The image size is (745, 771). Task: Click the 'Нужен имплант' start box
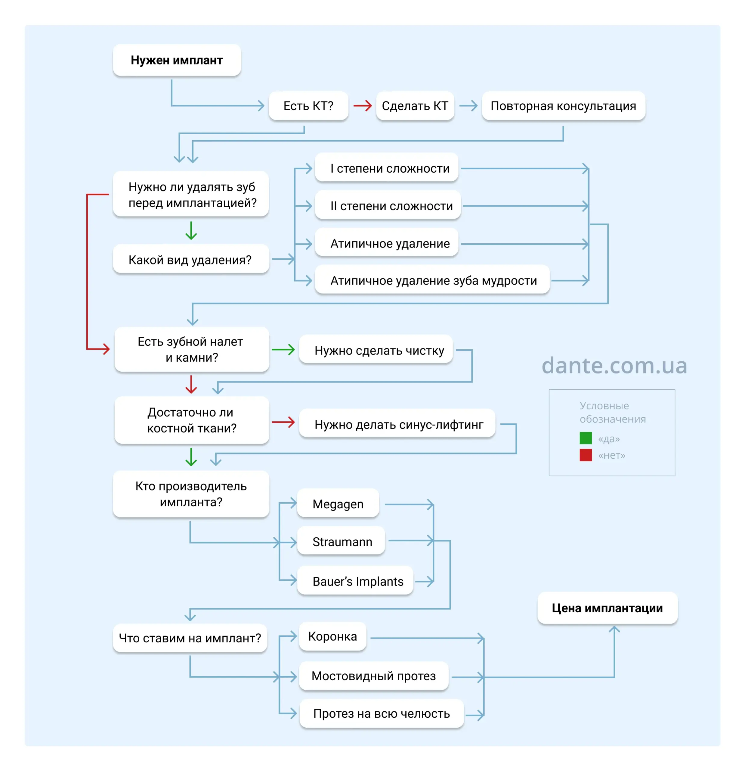point(177,60)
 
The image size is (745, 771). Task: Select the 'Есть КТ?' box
point(308,106)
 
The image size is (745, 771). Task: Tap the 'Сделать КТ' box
point(415,106)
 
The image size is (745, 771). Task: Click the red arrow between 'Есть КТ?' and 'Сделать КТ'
point(362,106)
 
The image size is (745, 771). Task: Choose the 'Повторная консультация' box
point(564,106)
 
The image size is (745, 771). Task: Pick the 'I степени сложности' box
point(387,168)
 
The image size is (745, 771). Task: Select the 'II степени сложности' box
point(388,206)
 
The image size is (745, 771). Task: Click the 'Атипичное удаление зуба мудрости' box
point(432,280)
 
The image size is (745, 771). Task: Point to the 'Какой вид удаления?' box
point(191,259)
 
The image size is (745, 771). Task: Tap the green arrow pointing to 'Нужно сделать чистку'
point(283,349)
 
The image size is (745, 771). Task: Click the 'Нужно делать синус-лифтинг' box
point(397,424)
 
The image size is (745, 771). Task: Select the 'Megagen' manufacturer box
point(338,504)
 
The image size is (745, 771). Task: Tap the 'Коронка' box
point(332,636)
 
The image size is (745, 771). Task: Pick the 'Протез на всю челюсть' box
point(382,713)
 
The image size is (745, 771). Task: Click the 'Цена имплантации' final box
point(607,608)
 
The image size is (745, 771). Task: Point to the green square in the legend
point(586,438)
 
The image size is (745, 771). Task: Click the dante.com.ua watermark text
point(614,365)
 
